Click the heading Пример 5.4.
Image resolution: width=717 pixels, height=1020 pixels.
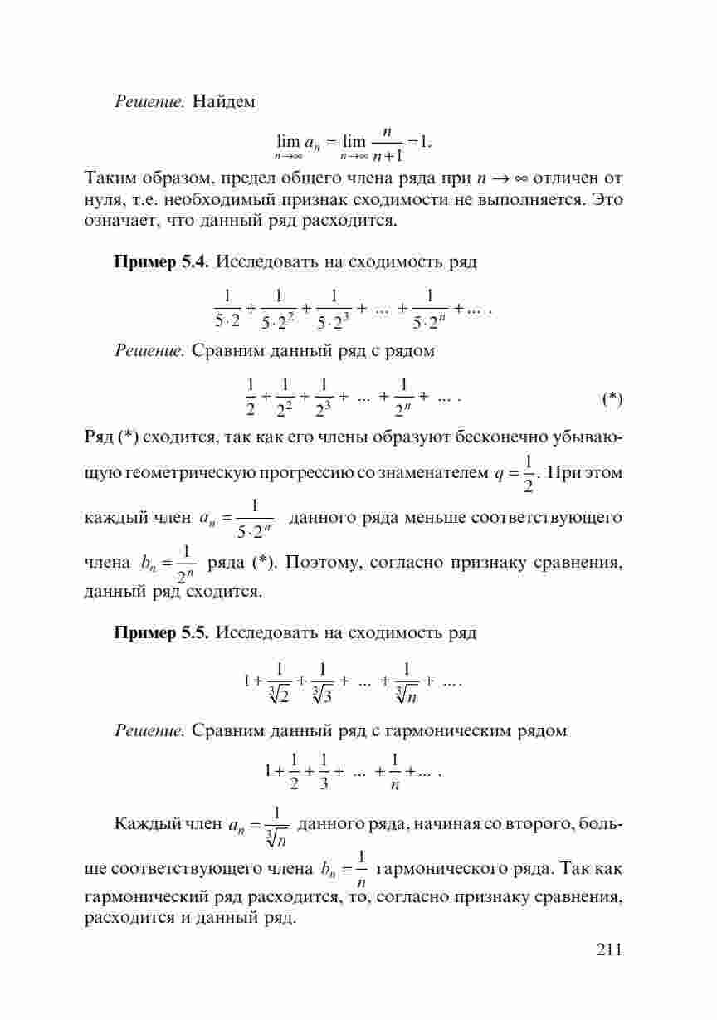[x=162, y=262]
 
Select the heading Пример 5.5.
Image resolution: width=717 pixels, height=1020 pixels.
[x=162, y=633]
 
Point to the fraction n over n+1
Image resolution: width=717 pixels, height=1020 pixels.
[x=388, y=144]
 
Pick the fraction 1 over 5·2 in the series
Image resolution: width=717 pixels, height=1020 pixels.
[x=227, y=307]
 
